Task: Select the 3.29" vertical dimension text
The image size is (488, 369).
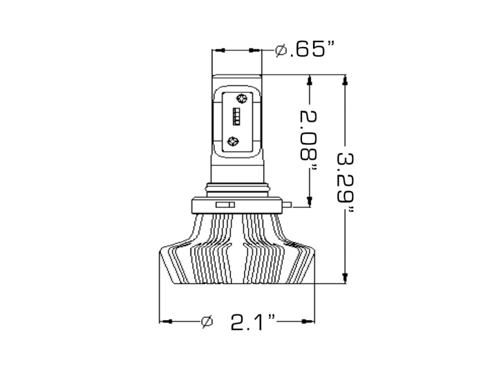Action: (x=346, y=181)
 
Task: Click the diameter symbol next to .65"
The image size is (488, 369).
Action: (x=281, y=50)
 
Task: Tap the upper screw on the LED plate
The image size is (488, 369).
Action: (x=241, y=98)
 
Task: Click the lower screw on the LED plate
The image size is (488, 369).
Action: (x=232, y=142)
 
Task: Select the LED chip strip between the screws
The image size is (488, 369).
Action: (x=237, y=116)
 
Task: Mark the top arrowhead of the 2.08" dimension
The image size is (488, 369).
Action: (x=310, y=80)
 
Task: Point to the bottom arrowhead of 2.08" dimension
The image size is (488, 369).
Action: (x=310, y=202)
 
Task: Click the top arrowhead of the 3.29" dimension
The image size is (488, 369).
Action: (x=345, y=80)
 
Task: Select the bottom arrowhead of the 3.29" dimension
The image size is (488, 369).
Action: (x=345, y=279)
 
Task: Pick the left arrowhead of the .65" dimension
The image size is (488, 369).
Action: (x=218, y=50)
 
